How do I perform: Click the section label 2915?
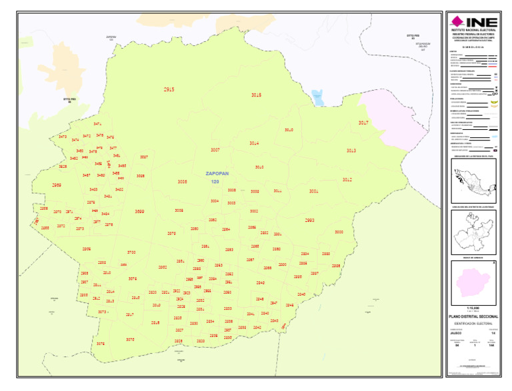[x=169, y=89]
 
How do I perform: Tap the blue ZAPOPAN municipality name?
[x=217, y=173]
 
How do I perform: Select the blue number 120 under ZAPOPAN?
[x=215, y=181]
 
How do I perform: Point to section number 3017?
[x=363, y=123]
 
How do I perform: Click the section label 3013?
[x=351, y=151]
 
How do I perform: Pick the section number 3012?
[x=347, y=180]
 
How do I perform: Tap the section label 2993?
[x=309, y=220]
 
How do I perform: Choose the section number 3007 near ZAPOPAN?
[x=215, y=150]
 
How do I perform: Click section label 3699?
[x=139, y=211]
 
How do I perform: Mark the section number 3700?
[x=131, y=252]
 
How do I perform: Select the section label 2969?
[x=57, y=185]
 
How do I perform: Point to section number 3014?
[x=254, y=143]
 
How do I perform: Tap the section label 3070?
[x=130, y=340]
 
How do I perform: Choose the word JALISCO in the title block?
[x=456, y=332]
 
